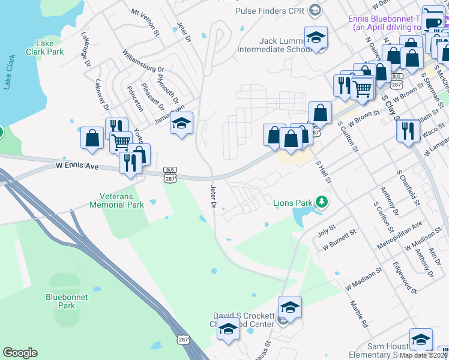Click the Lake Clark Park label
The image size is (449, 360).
(45, 47)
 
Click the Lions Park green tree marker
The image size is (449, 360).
(322, 202)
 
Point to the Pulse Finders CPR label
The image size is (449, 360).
(271, 11)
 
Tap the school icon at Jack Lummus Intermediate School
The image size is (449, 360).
(315, 37)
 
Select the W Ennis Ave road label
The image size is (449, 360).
(76, 164)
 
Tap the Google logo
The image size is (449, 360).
(20, 353)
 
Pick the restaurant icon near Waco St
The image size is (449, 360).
(408, 130)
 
